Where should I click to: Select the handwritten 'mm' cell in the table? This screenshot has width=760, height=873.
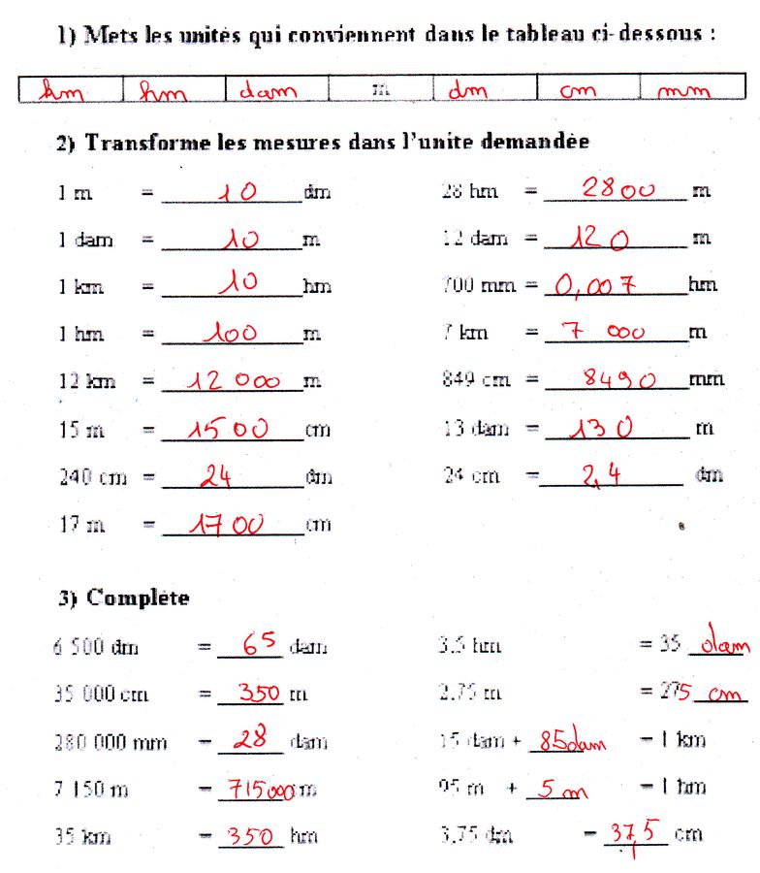(x=684, y=92)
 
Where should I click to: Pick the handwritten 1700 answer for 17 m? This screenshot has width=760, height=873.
(x=229, y=525)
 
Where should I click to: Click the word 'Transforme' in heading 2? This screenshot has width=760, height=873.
(x=131, y=143)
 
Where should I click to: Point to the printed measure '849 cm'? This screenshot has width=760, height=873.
(x=475, y=379)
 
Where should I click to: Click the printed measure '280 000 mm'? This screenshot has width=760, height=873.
(x=110, y=743)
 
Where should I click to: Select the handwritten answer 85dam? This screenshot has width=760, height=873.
(x=572, y=742)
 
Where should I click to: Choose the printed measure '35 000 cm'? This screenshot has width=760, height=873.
(x=101, y=694)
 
